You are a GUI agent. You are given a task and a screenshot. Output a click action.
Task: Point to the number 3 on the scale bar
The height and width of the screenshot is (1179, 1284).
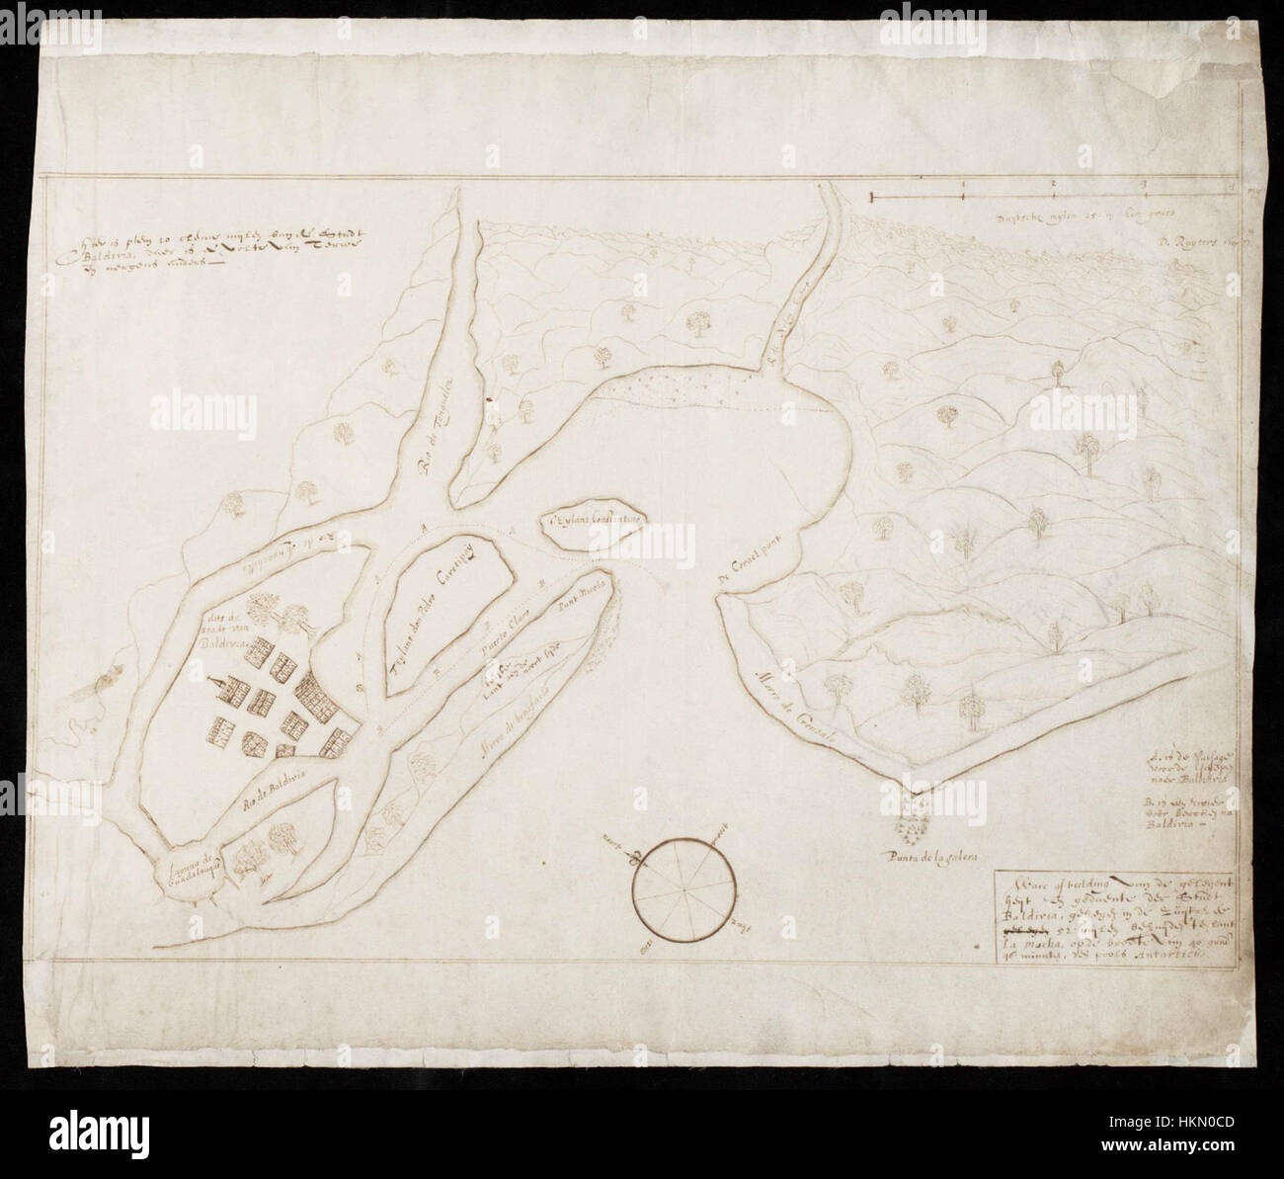tap(1144, 184)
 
